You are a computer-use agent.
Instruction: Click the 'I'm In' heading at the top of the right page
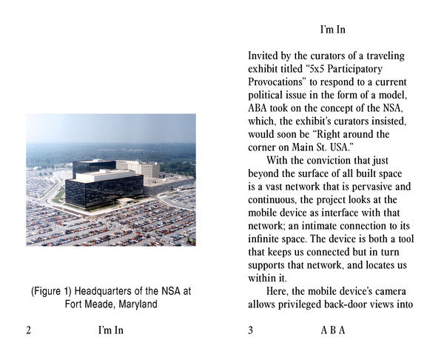(x=332, y=30)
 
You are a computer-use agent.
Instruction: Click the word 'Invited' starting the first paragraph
(x=264, y=56)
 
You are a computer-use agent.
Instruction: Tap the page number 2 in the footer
(x=28, y=331)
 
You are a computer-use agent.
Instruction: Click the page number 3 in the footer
(x=251, y=331)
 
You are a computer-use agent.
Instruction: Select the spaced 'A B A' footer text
(x=332, y=331)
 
